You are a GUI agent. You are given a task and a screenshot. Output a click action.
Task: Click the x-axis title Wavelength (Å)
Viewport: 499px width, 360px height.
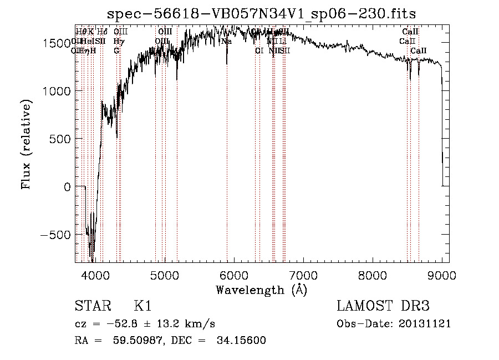[x=261, y=290]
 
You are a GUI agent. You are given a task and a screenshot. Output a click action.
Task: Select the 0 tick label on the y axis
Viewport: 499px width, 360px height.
[x=67, y=187]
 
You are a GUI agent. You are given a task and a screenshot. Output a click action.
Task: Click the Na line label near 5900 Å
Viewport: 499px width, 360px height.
[x=226, y=42]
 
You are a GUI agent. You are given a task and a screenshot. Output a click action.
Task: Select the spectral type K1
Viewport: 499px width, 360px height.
[x=142, y=306]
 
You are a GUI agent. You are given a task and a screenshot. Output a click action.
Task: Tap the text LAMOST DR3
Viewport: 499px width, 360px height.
[x=383, y=306]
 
